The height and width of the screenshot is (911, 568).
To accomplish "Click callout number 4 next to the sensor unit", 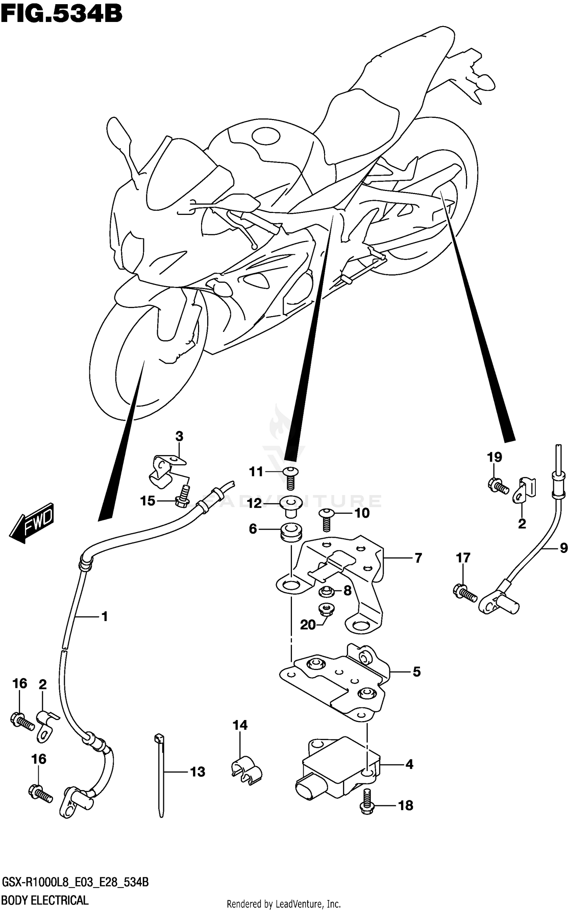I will (409, 764).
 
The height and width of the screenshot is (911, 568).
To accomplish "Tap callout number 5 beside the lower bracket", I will (416, 672).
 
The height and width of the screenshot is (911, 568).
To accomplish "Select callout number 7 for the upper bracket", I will (418, 558).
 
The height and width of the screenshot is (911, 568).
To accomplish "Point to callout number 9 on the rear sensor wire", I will (563, 548).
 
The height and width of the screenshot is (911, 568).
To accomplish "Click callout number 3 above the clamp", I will (179, 437).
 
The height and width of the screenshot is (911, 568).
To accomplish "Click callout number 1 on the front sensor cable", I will (105, 617).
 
